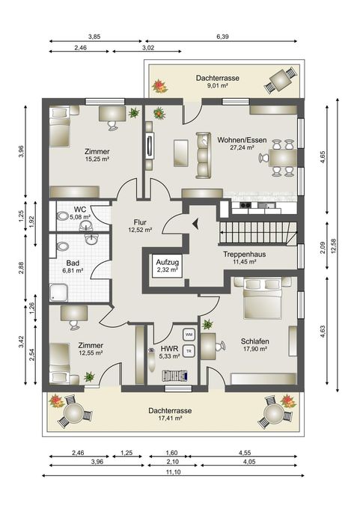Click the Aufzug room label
pyautogui.click(x=167, y=262)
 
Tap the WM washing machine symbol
pyautogui.click(x=189, y=334)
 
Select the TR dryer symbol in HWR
pyautogui.click(x=189, y=351)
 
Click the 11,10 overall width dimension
pyautogui.click(x=173, y=472)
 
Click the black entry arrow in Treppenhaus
pyautogui.click(x=195, y=223)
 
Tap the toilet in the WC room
pyautogui.click(x=63, y=216)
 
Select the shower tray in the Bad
pyautogui.click(x=58, y=293)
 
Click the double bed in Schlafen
pyautogui.click(x=262, y=298)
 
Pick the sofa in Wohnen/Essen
pyautogui.click(x=204, y=155)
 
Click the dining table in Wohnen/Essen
pyautogui.click(x=283, y=158)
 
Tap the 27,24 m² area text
pyautogui.click(x=242, y=147)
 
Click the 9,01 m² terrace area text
pyautogui.click(x=218, y=85)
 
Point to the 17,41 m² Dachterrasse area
pyautogui.click(x=170, y=418)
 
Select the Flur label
pyautogui.click(x=140, y=222)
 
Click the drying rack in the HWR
pyautogui.click(x=175, y=376)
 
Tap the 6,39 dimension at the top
pyautogui.click(x=222, y=37)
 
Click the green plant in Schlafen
pyautogui.click(x=207, y=324)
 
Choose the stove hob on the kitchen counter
pyautogui.click(x=245, y=205)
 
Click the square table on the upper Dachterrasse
pyautogui.click(x=281, y=79)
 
